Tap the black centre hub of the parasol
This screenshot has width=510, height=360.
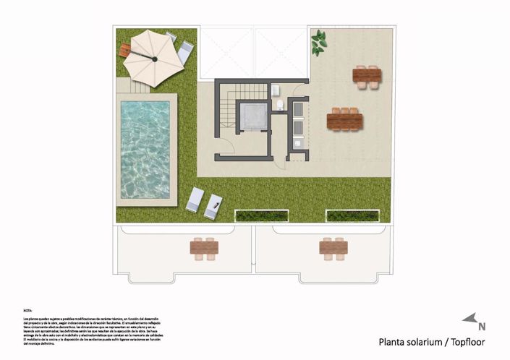154,57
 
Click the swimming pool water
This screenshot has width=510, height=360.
145,149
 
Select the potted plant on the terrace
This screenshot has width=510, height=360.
318,43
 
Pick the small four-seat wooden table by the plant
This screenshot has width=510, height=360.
367,75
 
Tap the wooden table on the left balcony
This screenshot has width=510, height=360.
204,247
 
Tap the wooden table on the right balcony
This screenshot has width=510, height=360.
333,247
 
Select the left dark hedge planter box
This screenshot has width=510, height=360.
262,215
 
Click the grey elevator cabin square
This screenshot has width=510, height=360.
255,116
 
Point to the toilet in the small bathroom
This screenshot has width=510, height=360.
279,106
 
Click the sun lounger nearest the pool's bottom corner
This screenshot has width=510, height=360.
195,200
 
